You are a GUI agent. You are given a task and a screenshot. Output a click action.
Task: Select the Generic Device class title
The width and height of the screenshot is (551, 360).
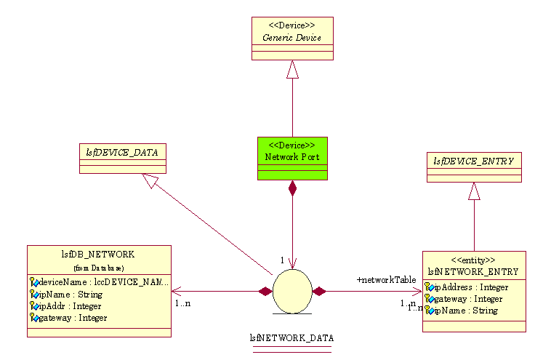coord(291,38)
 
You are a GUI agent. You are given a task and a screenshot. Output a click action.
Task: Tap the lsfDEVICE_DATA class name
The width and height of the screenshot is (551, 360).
coord(122,152)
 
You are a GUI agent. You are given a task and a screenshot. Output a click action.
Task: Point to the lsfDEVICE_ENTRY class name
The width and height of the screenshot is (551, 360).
coord(473,161)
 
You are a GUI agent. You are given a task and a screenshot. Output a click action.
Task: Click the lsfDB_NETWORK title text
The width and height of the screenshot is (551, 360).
coord(99,255)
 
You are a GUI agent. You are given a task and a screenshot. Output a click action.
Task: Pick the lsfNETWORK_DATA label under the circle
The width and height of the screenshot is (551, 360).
coord(291,338)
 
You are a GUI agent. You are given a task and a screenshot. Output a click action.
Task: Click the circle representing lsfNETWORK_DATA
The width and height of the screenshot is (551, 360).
coord(292,291)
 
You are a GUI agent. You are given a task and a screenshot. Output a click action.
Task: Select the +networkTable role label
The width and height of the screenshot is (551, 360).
coord(386,279)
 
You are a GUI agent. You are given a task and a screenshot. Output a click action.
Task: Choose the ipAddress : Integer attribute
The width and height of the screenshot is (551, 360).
coord(470,287)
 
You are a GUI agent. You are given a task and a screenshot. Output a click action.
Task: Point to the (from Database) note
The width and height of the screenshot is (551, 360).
coord(99,268)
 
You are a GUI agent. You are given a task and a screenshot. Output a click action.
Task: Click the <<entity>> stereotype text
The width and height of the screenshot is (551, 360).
coord(473,260)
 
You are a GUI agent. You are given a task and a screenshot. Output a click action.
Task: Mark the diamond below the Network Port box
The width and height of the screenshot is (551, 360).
coord(292,189)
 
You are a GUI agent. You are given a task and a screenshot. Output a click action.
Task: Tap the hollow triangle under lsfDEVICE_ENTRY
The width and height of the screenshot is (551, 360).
coord(474,191)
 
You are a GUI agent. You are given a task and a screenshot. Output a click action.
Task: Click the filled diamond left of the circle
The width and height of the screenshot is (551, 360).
coord(265,292)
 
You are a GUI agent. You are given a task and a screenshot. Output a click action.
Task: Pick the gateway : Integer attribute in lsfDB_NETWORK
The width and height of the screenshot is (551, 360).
coord(73,318)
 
